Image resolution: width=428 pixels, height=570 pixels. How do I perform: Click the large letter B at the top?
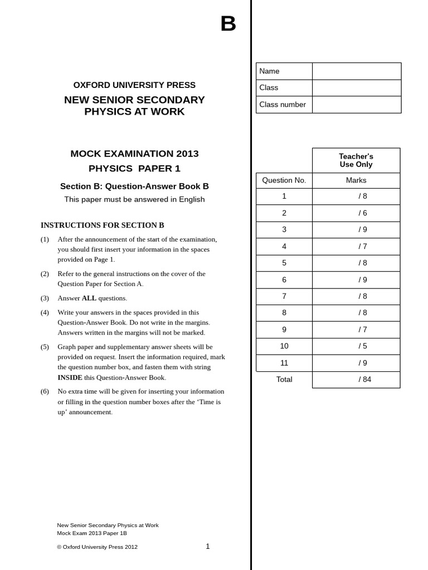point(228,24)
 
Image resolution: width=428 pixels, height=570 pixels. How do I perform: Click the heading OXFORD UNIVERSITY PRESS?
point(134,85)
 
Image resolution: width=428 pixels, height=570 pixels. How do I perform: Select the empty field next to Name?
point(356,71)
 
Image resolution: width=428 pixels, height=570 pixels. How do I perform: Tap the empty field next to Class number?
point(356,105)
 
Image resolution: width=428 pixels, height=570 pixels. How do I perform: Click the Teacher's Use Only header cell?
point(356,160)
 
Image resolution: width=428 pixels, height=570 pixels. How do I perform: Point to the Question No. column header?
point(284,180)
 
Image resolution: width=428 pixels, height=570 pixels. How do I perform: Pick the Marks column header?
point(356,180)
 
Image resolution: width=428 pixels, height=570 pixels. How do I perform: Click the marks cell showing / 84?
point(356,380)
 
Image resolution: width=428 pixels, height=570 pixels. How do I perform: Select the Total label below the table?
point(284,380)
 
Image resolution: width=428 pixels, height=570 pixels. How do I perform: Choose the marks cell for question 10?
point(356,346)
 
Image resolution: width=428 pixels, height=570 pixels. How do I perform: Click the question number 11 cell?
point(284,363)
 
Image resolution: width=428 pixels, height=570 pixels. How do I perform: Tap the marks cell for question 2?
point(356,213)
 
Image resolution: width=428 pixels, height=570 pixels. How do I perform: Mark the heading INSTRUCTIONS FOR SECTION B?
point(103,225)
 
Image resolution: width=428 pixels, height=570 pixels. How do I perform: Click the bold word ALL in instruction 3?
point(89,298)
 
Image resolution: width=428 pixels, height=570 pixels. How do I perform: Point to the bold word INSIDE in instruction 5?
point(70,377)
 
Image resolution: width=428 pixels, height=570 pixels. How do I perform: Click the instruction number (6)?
point(45,391)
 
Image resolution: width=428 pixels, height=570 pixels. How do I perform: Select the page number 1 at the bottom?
point(208,547)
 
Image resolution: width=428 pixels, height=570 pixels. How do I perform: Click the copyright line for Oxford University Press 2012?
point(98,547)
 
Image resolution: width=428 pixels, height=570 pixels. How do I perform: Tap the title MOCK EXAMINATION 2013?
point(134,154)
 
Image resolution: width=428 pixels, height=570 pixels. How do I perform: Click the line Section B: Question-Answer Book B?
point(134,186)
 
